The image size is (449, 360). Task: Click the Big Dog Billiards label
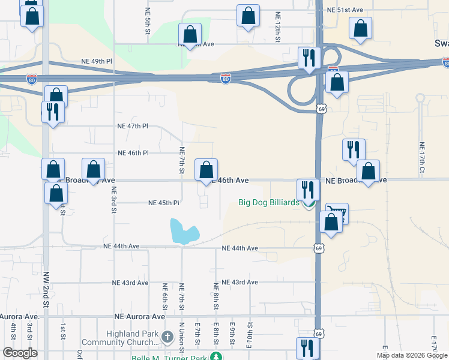pos(268,203)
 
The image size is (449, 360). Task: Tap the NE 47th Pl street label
pos(133,126)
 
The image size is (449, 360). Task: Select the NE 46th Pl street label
pos(133,153)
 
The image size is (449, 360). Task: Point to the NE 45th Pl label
pos(164,203)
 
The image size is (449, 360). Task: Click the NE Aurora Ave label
pos(140,316)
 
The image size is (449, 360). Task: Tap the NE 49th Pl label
pos(97,61)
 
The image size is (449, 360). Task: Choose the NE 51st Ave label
pos(345,10)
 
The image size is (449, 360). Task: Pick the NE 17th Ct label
pos(422,158)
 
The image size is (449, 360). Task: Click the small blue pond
pos(182,232)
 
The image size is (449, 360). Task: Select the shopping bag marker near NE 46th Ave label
pos(206,169)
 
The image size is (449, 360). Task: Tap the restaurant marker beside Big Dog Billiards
pos(308,190)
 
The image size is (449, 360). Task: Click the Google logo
pos(20,353)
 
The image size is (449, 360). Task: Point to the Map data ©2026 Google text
pos(412,355)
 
